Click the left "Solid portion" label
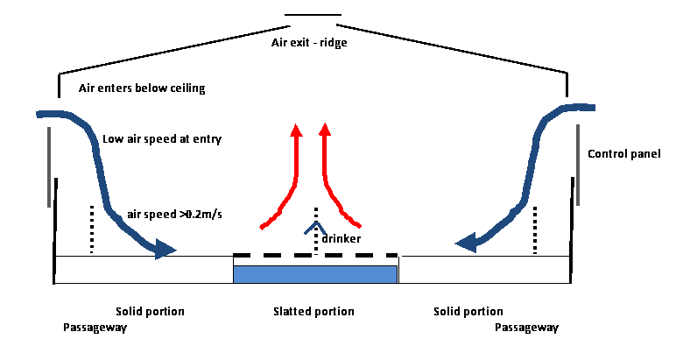tap(150, 312)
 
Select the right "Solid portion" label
tap(468, 312)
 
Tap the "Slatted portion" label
tap(313, 312)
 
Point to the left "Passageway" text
tap(95, 328)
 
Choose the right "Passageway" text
tap(526, 328)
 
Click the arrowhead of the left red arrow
tap(296, 131)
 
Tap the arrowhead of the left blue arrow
tap(166, 250)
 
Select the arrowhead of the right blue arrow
tap(465, 241)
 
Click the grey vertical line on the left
tap(49, 166)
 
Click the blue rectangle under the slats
tap(315, 273)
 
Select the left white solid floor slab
tap(144, 269)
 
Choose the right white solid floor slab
tap(483, 269)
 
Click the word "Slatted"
tap(292, 312)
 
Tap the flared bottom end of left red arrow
tap(263, 228)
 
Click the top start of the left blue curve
tap(39, 114)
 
